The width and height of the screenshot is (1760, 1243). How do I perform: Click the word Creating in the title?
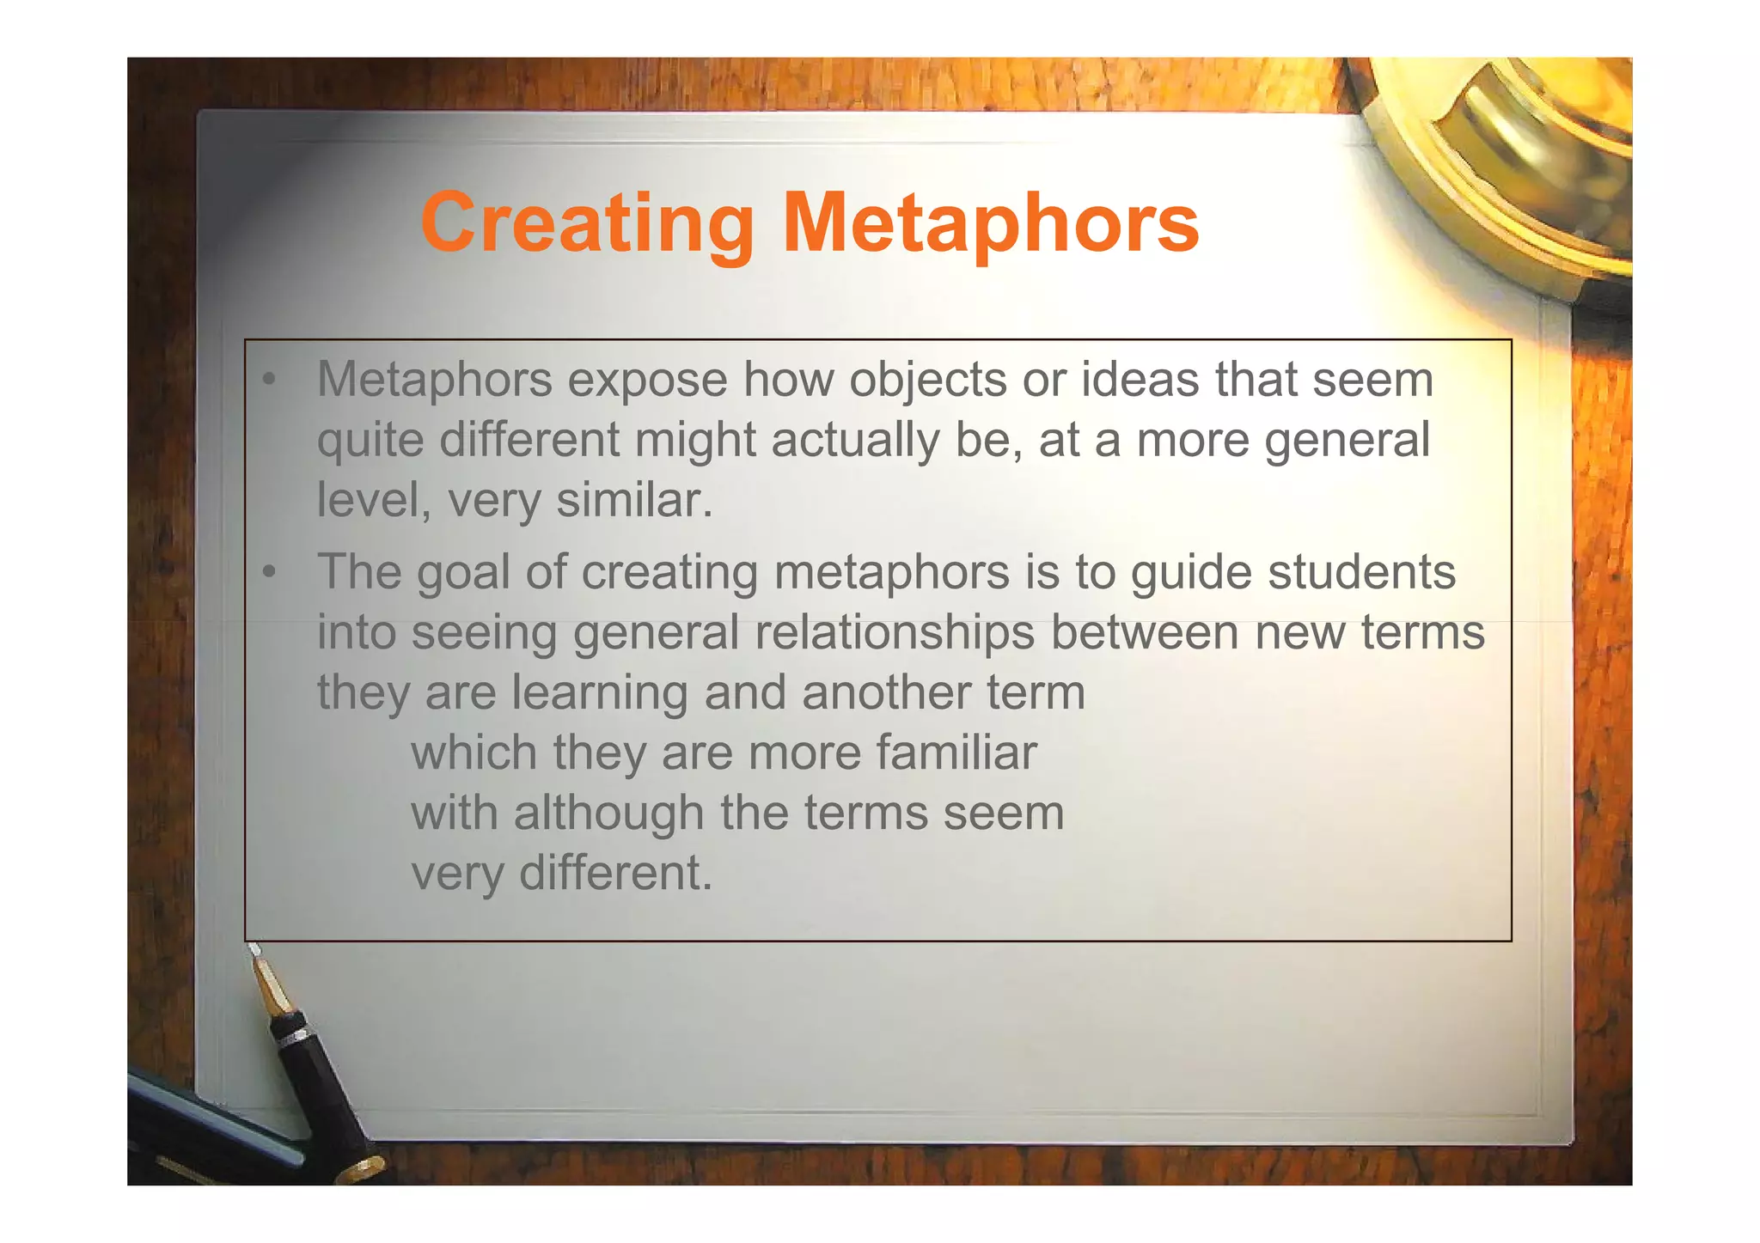[587, 222]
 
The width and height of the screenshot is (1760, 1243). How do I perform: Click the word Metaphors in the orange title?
[990, 222]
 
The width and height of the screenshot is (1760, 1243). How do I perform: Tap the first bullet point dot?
[270, 379]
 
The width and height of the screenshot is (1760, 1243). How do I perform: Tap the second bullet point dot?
[270, 571]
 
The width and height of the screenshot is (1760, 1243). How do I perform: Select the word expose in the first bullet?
[647, 381]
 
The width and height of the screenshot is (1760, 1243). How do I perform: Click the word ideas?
[1140, 379]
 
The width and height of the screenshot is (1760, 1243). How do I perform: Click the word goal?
[463, 573]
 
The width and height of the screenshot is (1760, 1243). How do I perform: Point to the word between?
[1145, 632]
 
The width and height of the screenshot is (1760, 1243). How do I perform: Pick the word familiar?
[956, 753]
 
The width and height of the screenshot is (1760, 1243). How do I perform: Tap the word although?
[608, 813]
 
